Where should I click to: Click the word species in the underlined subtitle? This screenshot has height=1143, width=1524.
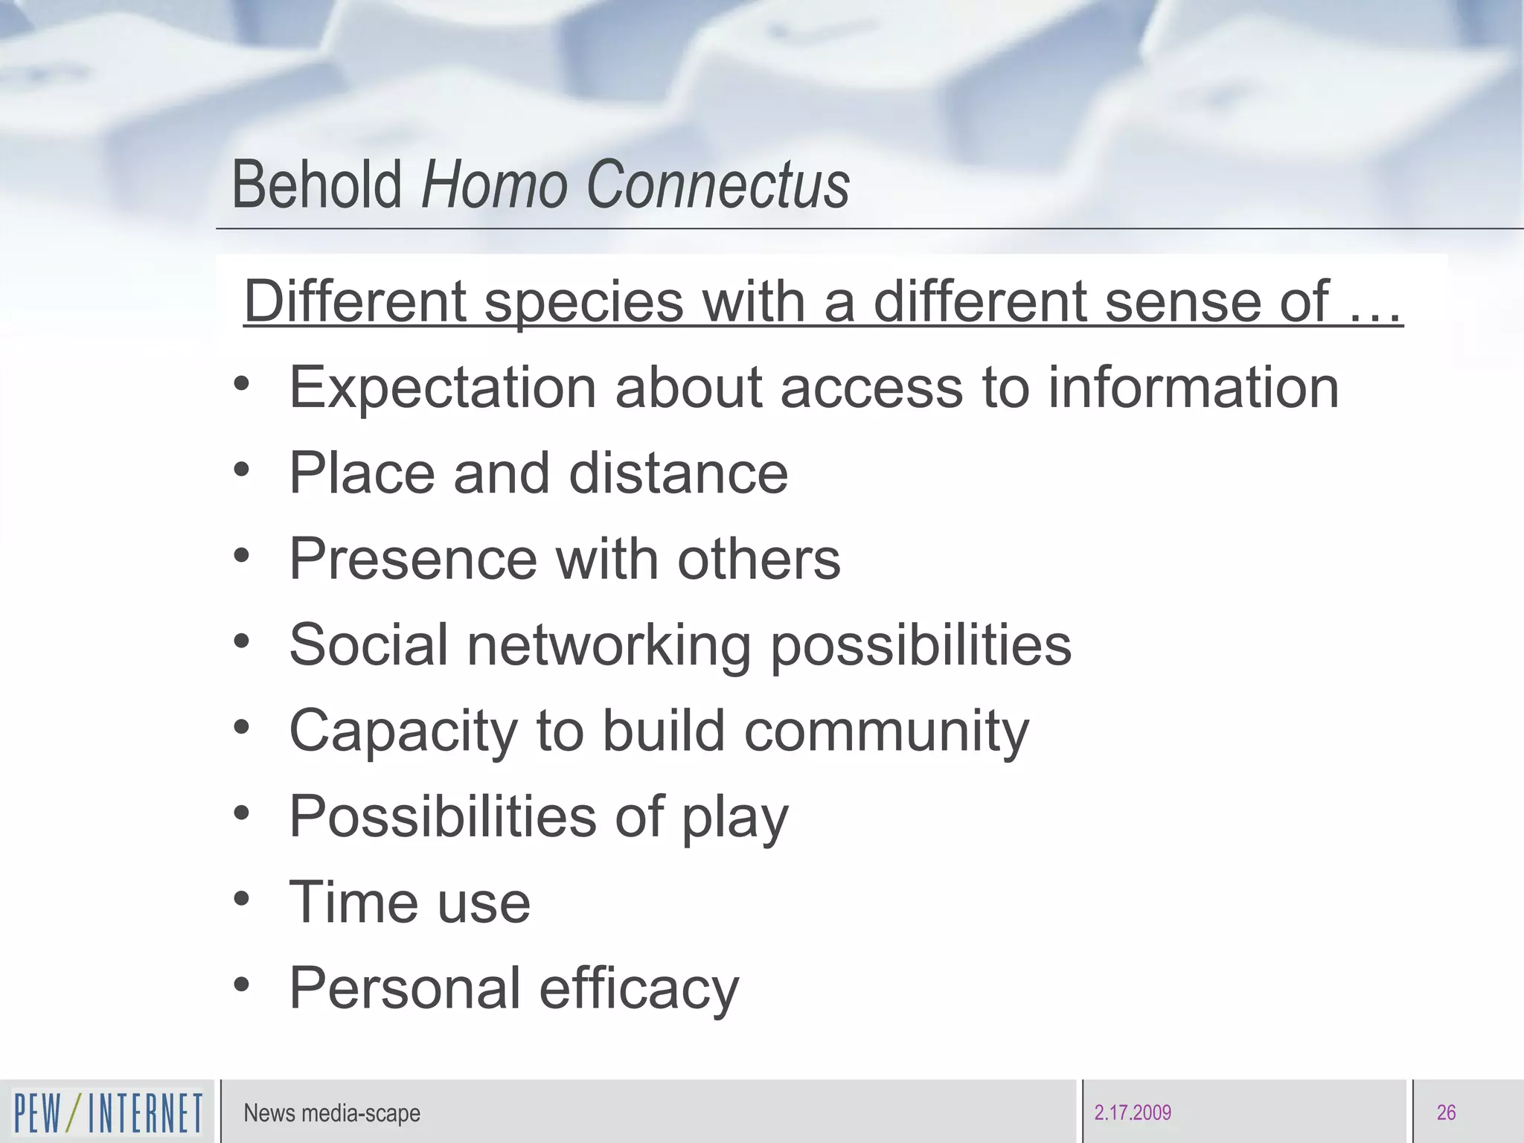pos(584,302)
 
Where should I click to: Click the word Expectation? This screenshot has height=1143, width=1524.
pos(442,388)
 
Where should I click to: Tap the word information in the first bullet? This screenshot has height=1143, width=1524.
pos(1194,388)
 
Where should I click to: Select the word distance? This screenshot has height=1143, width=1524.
pos(678,473)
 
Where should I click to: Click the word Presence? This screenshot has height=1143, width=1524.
pos(413,559)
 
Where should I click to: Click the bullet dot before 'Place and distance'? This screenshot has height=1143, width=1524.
pos(241,470)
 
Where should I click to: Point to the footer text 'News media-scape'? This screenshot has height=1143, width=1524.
pos(332,1113)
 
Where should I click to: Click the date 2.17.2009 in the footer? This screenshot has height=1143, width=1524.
pos(1133,1113)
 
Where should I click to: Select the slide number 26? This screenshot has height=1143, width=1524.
pos(1446,1113)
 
